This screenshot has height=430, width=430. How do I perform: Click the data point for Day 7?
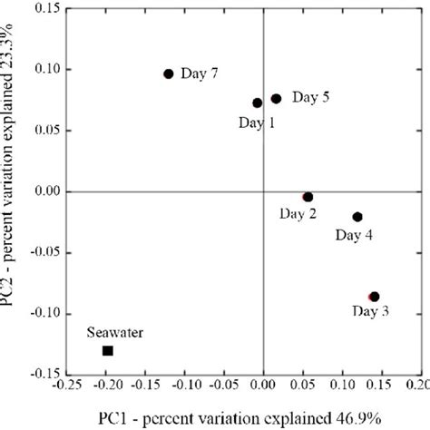pos(169,74)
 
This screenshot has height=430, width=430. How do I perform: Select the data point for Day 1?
pos(258,103)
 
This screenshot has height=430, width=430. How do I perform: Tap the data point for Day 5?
pos(277,98)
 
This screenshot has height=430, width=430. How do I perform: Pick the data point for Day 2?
pos(308,197)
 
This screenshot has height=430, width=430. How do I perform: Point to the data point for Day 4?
pos(357,217)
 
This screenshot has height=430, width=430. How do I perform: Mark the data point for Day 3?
pos(374,297)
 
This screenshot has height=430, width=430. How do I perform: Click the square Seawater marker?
pos(108,350)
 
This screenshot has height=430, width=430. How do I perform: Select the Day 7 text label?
pos(200,73)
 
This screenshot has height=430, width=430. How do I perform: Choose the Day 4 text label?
pos(353,235)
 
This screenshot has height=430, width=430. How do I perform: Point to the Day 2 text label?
pos(298,214)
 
